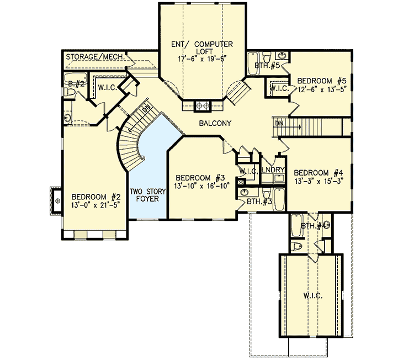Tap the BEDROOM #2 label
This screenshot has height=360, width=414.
pyautogui.click(x=96, y=197)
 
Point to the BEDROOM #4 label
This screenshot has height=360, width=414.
pyautogui.click(x=319, y=171)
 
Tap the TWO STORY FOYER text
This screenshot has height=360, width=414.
pyautogui.click(x=148, y=195)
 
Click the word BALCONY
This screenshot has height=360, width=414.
pyautogui.click(x=215, y=124)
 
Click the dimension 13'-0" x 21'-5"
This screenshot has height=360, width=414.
pyautogui.click(x=96, y=205)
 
